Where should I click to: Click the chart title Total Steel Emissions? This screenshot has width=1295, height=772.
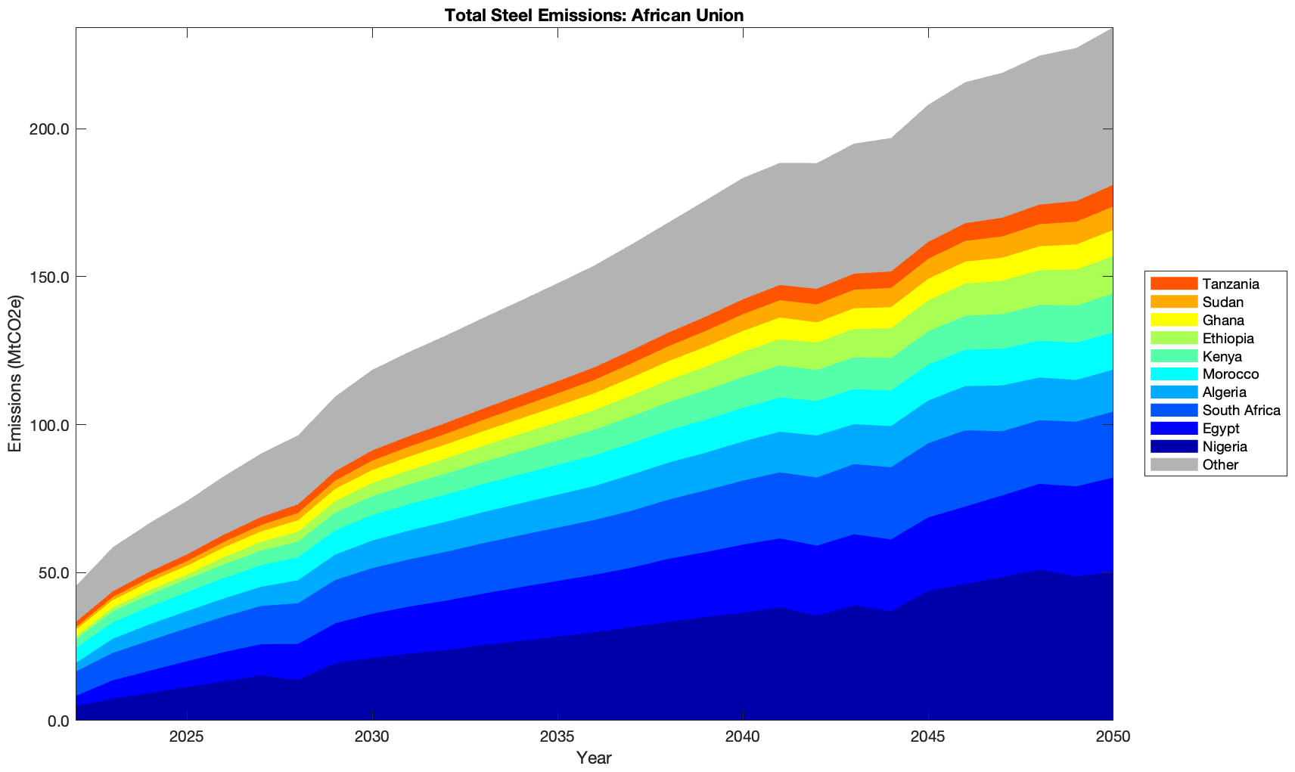tap(594, 15)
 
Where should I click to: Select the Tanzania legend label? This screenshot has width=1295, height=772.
tap(1231, 284)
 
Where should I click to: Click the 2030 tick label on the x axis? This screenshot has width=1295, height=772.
tap(372, 737)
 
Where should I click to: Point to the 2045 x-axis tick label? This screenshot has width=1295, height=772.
tap(927, 737)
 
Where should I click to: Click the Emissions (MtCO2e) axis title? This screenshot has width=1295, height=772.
tap(15, 374)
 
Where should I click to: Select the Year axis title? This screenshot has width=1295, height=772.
tap(594, 758)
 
